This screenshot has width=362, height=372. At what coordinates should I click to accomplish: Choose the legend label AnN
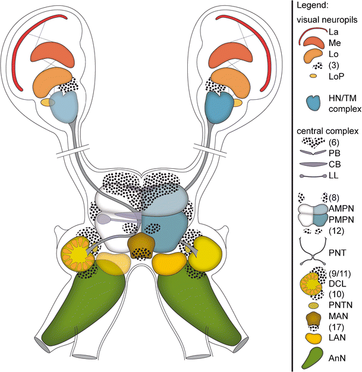coord(339,357)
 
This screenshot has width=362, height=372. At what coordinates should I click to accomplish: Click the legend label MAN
coord(338,316)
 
